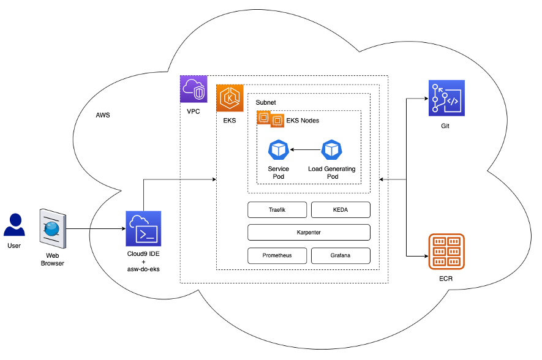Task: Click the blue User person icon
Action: click(x=14, y=225)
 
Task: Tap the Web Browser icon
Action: click(x=53, y=228)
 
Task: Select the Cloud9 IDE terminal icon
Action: click(x=143, y=228)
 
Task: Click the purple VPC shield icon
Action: click(x=194, y=89)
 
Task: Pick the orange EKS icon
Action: click(x=230, y=98)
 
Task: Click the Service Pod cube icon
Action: click(x=279, y=149)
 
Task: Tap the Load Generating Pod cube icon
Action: click(x=332, y=149)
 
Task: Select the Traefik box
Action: click(x=277, y=210)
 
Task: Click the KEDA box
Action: click(x=341, y=210)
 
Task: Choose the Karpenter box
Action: click(x=309, y=233)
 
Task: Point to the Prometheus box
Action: click(x=277, y=256)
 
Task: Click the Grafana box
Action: click(x=341, y=256)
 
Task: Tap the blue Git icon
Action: click(x=446, y=98)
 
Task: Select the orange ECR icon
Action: click(x=446, y=252)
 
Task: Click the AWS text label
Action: click(x=103, y=115)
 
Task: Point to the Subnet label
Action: click(x=266, y=103)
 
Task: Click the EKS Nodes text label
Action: click(x=303, y=121)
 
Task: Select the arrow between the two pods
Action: click(x=306, y=149)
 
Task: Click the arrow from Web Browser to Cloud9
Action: click(x=96, y=228)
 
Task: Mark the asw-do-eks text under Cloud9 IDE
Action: click(x=143, y=269)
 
